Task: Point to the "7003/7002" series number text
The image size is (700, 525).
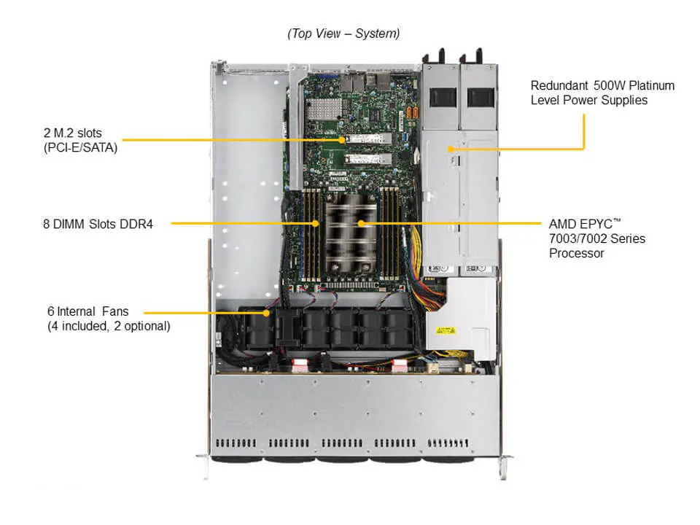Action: tap(579, 238)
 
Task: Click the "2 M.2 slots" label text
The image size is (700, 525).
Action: tap(72, 133)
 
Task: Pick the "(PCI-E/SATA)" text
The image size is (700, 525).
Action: tap(79, 147)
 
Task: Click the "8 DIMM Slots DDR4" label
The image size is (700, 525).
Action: tap(98, 223)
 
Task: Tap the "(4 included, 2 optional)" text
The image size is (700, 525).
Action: tap(109, 326)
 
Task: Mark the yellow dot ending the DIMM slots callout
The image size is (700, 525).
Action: tap(316, 223)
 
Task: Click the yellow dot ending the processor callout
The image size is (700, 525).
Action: tap(359, 223)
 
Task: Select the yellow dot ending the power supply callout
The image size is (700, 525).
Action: tap(452, 149)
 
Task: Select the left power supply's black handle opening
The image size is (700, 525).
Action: tap(443, 96)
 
